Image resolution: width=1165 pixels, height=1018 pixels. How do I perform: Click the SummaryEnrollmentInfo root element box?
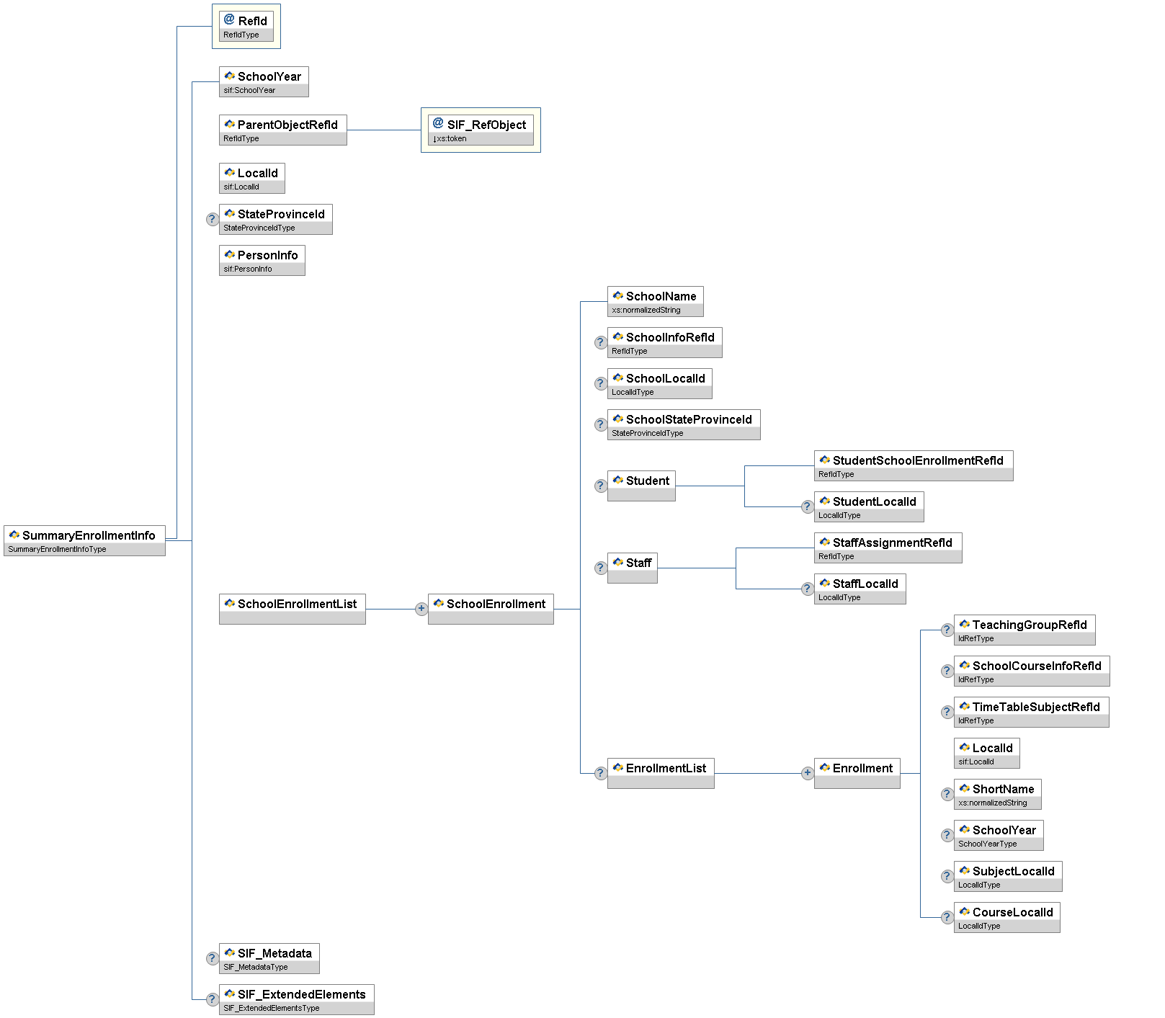84,540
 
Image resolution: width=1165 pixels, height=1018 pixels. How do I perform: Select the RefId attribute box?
246,27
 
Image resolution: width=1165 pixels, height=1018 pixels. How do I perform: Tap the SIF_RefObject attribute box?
481,130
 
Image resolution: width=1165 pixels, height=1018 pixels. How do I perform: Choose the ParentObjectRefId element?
282,130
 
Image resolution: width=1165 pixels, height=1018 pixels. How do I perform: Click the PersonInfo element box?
262,260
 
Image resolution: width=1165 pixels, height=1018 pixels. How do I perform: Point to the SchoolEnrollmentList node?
292,609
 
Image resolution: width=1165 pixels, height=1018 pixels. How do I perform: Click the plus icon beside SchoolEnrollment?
421,609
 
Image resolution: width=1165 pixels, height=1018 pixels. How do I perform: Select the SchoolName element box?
655,301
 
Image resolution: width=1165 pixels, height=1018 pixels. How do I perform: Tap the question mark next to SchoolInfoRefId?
600,342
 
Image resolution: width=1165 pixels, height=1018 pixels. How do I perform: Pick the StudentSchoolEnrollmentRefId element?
913,465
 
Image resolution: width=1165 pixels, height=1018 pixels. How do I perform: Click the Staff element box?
632,568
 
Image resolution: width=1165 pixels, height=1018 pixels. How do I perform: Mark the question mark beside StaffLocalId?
808,589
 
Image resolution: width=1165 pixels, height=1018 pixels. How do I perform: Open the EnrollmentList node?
660,773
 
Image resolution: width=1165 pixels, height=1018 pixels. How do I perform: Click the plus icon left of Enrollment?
808,773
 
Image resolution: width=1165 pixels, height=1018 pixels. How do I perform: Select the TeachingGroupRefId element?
1024,630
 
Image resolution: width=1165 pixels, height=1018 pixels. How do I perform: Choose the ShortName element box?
997,794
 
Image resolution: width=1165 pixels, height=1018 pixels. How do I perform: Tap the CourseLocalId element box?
1006,917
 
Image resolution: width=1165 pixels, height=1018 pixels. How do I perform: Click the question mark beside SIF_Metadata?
212,958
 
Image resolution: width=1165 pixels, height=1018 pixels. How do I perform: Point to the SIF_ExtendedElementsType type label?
272,1008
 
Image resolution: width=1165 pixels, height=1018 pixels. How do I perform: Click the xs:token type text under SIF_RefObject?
451,138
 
